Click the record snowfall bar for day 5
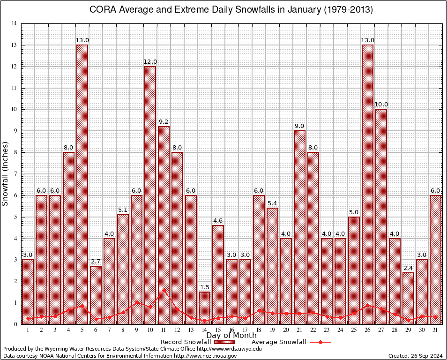(x=82, y=183)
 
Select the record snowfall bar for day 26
(x=367, y=183)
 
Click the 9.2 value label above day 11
(x=164, y=122)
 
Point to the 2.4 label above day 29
(x=408, y=268)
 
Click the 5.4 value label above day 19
(x=272, y=203)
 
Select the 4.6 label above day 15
(x=218, y=221)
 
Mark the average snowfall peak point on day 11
(x=164, y=290)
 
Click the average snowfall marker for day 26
(x=367, y=305)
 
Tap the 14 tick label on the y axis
(x=14, y=24)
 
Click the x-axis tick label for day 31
(x=435, y=330)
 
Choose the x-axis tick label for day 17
(x=245, y=330)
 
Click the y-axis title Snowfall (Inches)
(x=6, y=173)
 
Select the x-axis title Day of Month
(x=231, y=336)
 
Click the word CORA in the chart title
(x=101, y=10)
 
